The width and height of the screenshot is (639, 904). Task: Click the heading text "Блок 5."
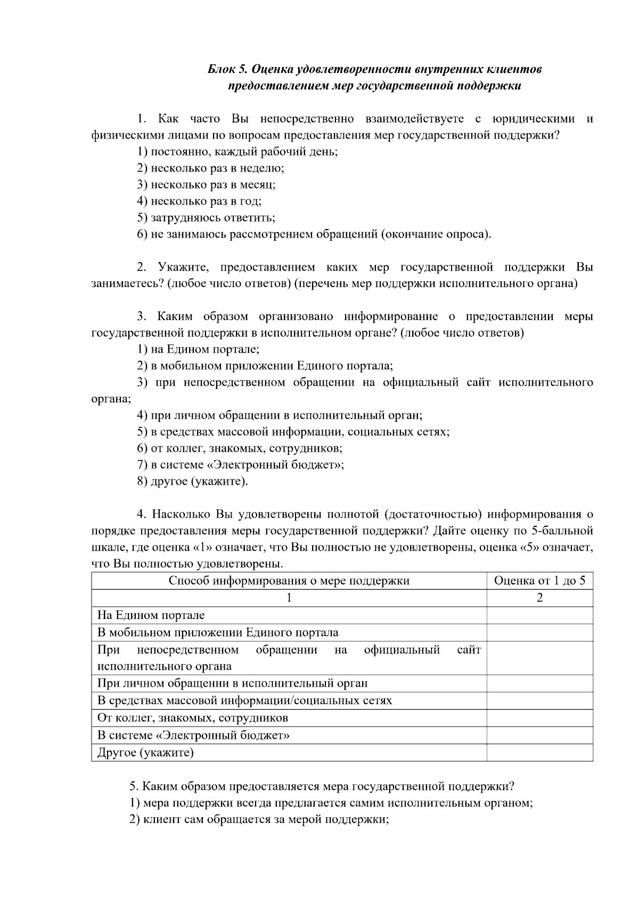(x=227, y=69)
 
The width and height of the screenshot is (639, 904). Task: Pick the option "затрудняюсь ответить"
(x=206, y=217)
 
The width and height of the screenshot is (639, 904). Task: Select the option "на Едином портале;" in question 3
(x=198, y=349)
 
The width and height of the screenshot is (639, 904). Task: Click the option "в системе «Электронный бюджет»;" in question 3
(x=241, y=465)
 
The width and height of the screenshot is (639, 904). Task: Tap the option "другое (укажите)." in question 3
(x=193, y=481)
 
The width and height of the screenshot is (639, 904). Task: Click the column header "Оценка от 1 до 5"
(x=539, y=581)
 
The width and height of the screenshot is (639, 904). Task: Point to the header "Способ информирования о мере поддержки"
(x=289, y=581)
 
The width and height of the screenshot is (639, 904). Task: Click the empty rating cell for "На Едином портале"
(x=539, y=615)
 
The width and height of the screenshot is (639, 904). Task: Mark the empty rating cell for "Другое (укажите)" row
(x=539, y=753)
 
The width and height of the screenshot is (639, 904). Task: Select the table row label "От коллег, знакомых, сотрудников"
(x=192, y=718)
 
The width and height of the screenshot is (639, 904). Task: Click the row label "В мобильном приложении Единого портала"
(x=218, y=633)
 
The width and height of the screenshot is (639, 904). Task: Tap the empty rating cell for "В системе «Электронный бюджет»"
(x=539, y=735)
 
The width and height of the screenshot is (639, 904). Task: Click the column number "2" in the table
(x=539, y=598)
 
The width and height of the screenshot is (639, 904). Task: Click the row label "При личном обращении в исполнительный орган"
(x=232, y=683)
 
